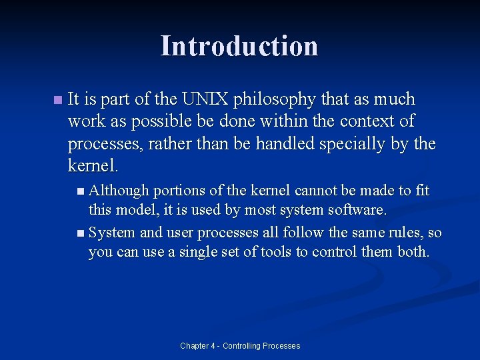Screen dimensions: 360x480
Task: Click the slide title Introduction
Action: pos(239,46)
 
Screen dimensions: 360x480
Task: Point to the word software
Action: pos(359,210)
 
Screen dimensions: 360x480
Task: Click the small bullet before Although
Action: pos(81,191)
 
